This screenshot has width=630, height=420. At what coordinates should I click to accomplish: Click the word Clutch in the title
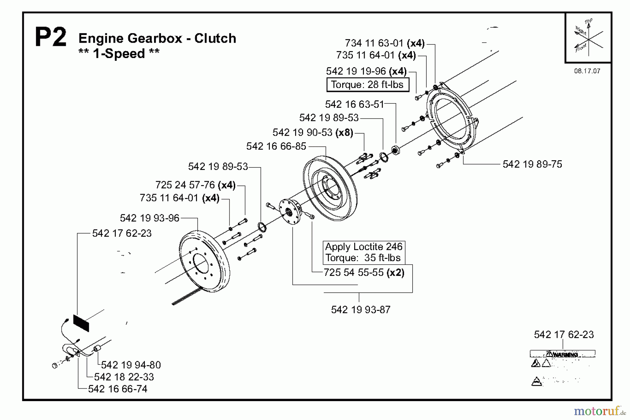coord(215,38)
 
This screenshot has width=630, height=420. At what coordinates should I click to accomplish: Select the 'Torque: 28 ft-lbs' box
coord(367,85)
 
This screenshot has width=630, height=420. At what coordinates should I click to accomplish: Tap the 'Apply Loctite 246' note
coord(364,247)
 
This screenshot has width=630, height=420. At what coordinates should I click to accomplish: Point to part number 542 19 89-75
coord(532,164)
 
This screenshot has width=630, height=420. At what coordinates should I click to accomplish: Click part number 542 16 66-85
coord(276,146)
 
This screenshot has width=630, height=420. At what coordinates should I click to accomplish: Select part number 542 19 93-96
coord(149,218)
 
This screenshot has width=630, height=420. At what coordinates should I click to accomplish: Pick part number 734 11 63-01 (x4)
coord(384,43)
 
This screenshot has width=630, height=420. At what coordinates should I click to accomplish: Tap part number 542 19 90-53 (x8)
coord(313,133)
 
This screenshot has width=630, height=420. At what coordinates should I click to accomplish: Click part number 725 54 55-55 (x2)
coord(364,272)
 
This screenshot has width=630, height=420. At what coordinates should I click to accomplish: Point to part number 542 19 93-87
coord(360,309)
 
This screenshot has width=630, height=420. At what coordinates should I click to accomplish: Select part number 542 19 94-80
coord(131,365)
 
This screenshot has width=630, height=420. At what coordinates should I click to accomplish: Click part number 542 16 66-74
coord(118,389)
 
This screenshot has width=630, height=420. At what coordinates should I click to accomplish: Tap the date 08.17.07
coord(587,71)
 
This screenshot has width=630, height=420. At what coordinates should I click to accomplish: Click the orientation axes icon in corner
coord(588,38)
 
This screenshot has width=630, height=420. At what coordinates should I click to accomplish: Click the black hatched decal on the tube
coord(81,323)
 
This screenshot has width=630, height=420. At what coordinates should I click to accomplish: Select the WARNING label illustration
coord(562,367)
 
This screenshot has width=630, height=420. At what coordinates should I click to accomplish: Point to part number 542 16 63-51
coord(354,104)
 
